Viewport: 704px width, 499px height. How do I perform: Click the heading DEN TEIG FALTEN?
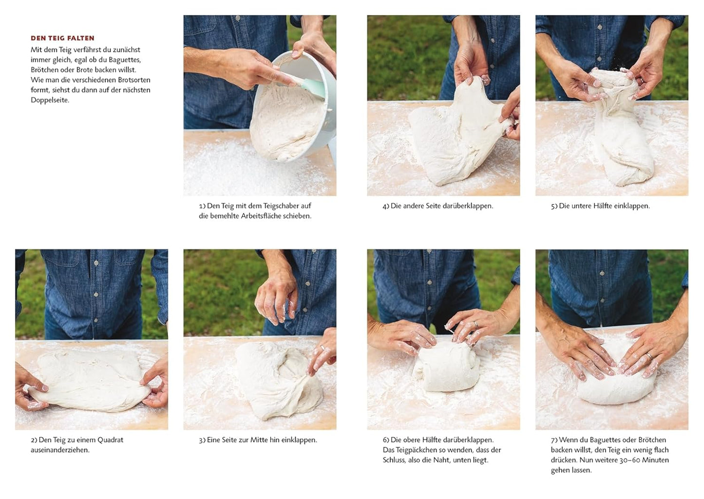point(62,38)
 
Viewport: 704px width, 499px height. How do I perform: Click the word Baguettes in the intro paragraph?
point(125,60)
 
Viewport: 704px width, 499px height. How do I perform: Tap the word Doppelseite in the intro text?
point(50,100)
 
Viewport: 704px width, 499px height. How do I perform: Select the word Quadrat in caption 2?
point(110,440)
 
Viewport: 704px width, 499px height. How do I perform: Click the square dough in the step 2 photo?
point(90,380)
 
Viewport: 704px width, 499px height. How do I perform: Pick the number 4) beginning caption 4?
point(385,206)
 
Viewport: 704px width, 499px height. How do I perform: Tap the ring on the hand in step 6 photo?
point(476,324)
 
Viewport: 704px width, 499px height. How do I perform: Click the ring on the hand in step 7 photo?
point(650,356)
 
